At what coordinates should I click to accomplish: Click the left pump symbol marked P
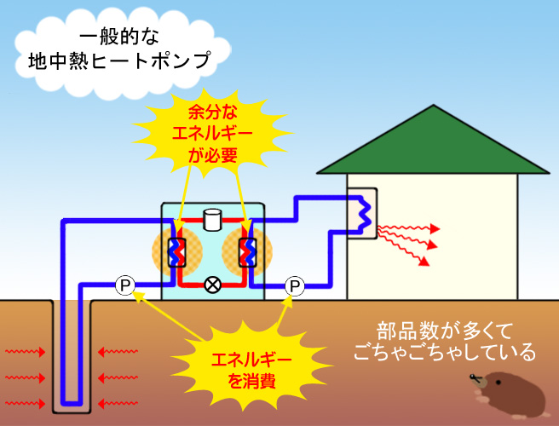tap(124, 285)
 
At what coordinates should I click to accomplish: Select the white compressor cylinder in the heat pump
tap(212, 219)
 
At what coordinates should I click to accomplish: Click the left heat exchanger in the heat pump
tap(177, 252)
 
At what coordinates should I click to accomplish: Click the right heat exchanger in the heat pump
tap(248, 252)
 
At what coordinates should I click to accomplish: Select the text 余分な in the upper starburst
tap(211, 112)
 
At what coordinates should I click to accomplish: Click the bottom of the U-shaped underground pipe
tap(71, 405)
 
